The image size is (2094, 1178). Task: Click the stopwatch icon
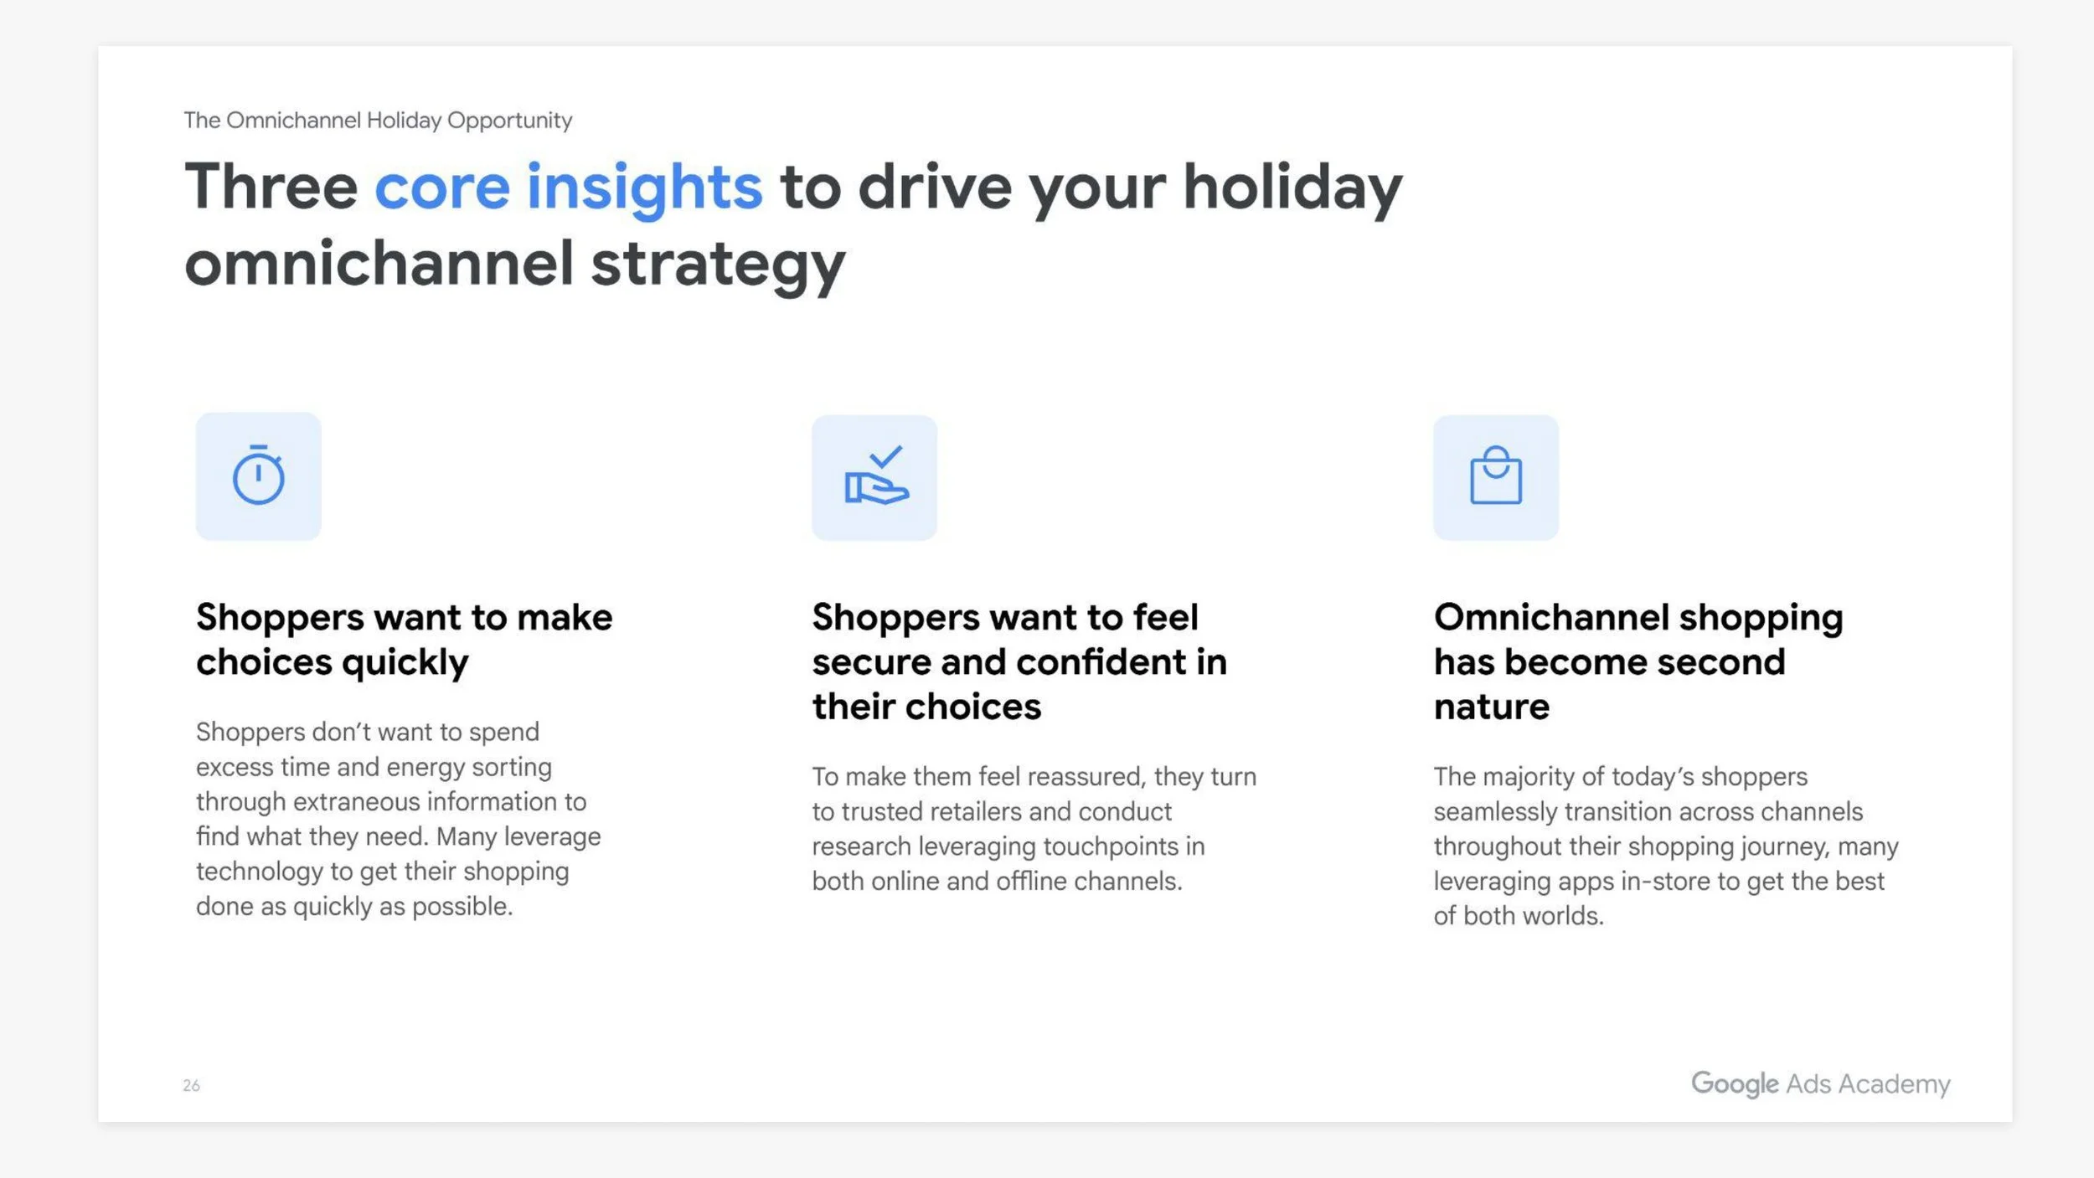pos(258,476)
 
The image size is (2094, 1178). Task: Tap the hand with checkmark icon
pos(874,476)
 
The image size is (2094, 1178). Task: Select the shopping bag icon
pos(1496,476)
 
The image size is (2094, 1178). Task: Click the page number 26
pos(191,1085)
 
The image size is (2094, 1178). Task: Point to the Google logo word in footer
pos(1734,1083)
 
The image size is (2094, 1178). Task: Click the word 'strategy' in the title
pos(718,264)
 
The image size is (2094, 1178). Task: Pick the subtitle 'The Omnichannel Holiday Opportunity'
pos(378,120)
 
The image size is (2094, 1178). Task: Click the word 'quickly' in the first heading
pos(405,663)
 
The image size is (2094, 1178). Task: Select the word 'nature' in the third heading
pos(1491,707)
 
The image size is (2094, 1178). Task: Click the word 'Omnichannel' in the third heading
pos(1549,618)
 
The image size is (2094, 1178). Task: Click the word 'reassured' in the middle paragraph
pos(1086,777)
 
